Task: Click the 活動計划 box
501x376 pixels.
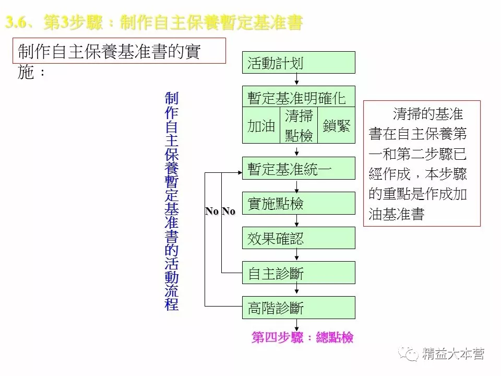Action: (299, 63)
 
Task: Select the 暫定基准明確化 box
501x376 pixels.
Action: (299, 97)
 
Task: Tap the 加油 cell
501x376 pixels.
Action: (261, 126)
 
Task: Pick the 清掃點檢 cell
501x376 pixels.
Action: (299, 126)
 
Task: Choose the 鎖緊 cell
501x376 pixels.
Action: (336, 126)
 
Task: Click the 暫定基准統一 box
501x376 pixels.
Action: (299, 168)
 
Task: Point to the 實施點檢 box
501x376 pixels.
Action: (299, 203)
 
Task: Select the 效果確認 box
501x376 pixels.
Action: (299, 238)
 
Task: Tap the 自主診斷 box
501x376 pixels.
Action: (299, 273)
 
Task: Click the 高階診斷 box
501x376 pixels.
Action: (299, 308)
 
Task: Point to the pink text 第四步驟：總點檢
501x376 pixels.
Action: (302, 337)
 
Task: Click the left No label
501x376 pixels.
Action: (212, 211)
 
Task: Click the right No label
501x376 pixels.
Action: (229, 211)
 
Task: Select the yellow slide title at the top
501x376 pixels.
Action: (154, 23)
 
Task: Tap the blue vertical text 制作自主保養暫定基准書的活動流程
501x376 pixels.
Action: (172, 201)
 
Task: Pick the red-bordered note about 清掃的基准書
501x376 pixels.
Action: (422, 163)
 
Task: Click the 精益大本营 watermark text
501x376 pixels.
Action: (454, 354)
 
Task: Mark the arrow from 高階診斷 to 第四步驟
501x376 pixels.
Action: (297, 325)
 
